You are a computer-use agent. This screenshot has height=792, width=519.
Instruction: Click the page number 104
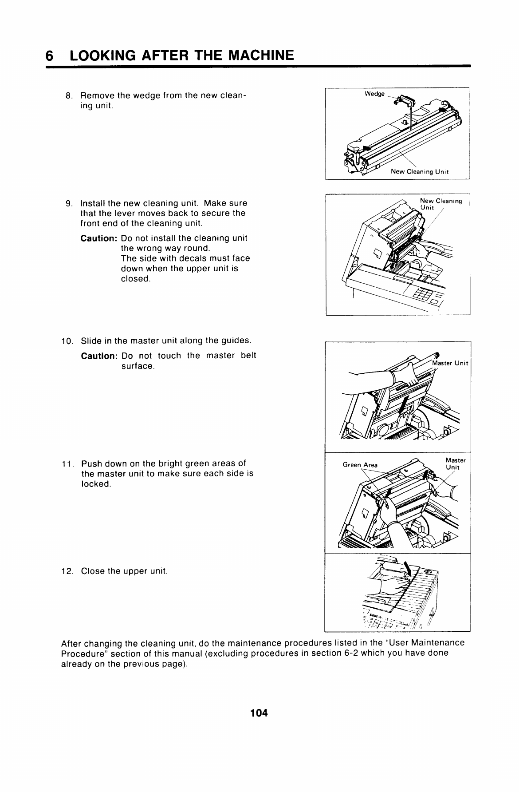coord(259,713)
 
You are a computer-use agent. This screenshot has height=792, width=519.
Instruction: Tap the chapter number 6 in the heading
coord(50,55)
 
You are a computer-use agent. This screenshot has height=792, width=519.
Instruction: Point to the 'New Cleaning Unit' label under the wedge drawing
coord(420,171)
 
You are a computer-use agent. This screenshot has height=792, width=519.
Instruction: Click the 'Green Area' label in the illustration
coord(360,465)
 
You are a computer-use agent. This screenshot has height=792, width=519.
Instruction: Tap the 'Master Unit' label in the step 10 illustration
coord(450,363)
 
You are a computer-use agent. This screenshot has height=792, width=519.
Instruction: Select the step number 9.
coord(68,204)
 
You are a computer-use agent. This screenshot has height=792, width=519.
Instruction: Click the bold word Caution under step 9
coord(98,238)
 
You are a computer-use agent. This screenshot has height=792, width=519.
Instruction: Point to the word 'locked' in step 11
coord(95,484)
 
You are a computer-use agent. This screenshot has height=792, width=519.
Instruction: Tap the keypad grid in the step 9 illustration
coord(421,293)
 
